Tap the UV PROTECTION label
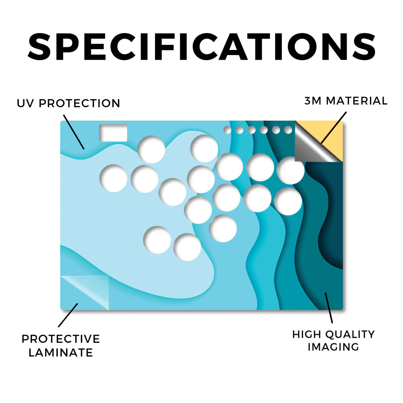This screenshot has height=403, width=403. click(x=68, y=104)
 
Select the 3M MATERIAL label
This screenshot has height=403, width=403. click(x=346, y=101)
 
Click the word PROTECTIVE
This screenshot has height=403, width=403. click(x=61, y=339)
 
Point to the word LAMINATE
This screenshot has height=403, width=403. click(x=61, y=352)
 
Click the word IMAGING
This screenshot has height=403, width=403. click(x=333, y=347)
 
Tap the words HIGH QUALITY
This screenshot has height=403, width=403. click(x=334, y=335)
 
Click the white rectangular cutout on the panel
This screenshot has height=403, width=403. click(x=113, y=133)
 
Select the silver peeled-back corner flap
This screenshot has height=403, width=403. click(x=312, y=145)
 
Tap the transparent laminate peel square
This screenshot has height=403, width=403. click(x=85, y=293)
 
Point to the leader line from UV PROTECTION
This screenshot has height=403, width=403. click(x=74, y=132)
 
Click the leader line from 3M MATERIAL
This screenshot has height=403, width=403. click(x=334, y=128)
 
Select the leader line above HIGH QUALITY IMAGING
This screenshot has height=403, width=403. click(x=329, y=308)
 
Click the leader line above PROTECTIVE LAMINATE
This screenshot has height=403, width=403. click(x=68, y=315)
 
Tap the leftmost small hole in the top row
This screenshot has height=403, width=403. click(x=227, y=130)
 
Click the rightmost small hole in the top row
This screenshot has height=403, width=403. click(x=288, y=130)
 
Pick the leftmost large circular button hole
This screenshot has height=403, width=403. click(x=113, y=178)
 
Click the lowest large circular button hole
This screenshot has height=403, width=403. click(x=187, y=247)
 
